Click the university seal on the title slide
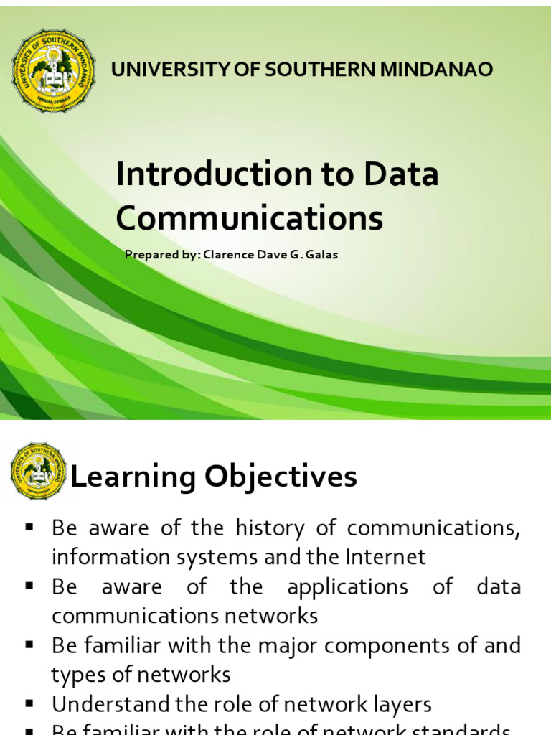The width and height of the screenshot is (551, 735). point(53,70)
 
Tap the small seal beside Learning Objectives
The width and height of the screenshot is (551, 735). point(39,471)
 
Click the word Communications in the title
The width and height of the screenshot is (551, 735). point(250,218)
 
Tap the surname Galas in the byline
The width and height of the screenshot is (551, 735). point(322,254)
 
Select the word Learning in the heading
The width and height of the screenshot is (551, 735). point(133,477)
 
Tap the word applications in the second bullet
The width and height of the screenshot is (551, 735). point(347,586)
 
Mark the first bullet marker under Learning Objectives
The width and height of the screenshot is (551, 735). point(30,527)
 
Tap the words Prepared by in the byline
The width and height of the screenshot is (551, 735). point(153,254)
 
